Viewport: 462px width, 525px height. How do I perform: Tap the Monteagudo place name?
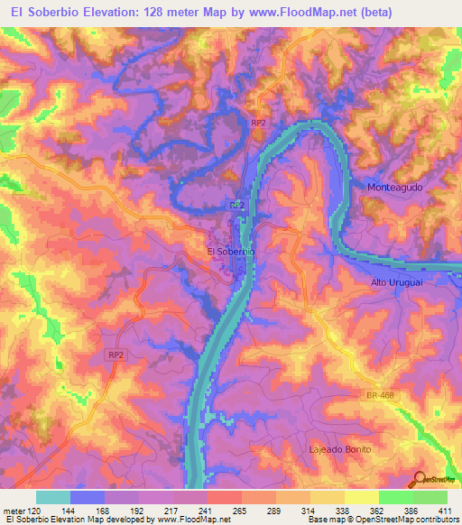click(x=402, y=187)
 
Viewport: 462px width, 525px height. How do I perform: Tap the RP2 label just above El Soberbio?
click(x=237, y=206)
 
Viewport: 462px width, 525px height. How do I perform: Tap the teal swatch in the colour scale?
click(x=53, y=497)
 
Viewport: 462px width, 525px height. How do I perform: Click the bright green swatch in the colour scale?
click(x=396, y=497)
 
